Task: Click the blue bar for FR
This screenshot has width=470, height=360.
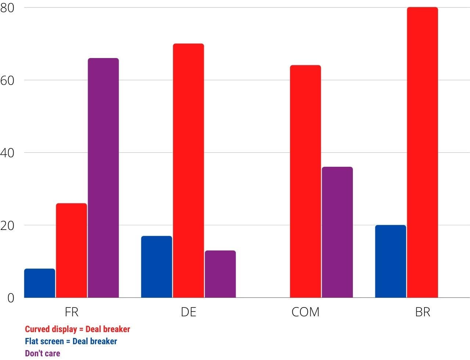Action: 40,283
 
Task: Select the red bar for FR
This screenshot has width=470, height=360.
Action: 72,250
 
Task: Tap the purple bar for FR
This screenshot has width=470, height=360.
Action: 103,178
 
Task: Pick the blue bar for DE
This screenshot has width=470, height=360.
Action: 156,267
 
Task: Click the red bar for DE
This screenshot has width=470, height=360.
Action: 188,170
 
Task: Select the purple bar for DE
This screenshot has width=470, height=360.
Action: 220,274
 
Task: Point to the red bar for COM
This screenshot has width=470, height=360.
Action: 305,181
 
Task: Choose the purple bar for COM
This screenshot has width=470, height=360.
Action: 337,232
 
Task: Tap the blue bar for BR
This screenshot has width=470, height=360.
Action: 391,261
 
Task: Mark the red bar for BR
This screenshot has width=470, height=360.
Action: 423,152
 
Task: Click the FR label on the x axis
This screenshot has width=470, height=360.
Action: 72,312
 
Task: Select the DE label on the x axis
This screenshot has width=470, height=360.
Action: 188,312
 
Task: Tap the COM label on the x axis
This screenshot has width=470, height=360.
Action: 305,312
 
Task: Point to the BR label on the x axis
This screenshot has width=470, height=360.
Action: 423,312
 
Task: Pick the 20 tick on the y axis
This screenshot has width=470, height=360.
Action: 7,225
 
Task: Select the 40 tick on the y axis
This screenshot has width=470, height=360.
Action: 7,153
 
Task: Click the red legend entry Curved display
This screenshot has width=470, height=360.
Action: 77,329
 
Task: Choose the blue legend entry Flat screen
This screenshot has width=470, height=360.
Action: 71,341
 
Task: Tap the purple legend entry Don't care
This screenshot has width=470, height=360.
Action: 43,353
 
